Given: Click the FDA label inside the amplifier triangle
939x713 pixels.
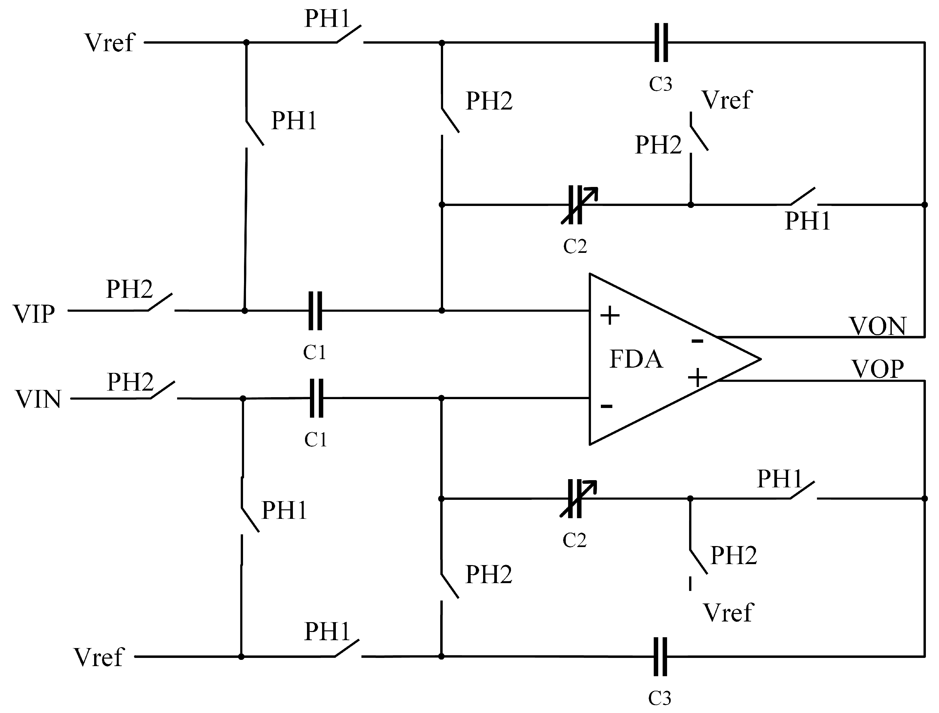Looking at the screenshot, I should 636,359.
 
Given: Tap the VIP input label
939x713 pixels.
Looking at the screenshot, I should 34,315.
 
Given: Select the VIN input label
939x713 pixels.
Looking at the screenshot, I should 38,400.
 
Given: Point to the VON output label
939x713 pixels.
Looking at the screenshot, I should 877,326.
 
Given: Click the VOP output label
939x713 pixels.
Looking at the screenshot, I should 877,369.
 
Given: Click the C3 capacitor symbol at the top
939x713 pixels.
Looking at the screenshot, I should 661,42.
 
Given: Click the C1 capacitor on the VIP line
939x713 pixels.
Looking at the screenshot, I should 315,311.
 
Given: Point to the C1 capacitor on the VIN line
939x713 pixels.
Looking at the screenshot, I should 316,398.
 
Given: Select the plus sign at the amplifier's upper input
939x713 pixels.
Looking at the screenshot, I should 610,315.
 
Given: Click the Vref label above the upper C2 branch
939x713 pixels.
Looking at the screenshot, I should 727,100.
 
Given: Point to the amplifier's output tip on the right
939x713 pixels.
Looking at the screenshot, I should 760,359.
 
